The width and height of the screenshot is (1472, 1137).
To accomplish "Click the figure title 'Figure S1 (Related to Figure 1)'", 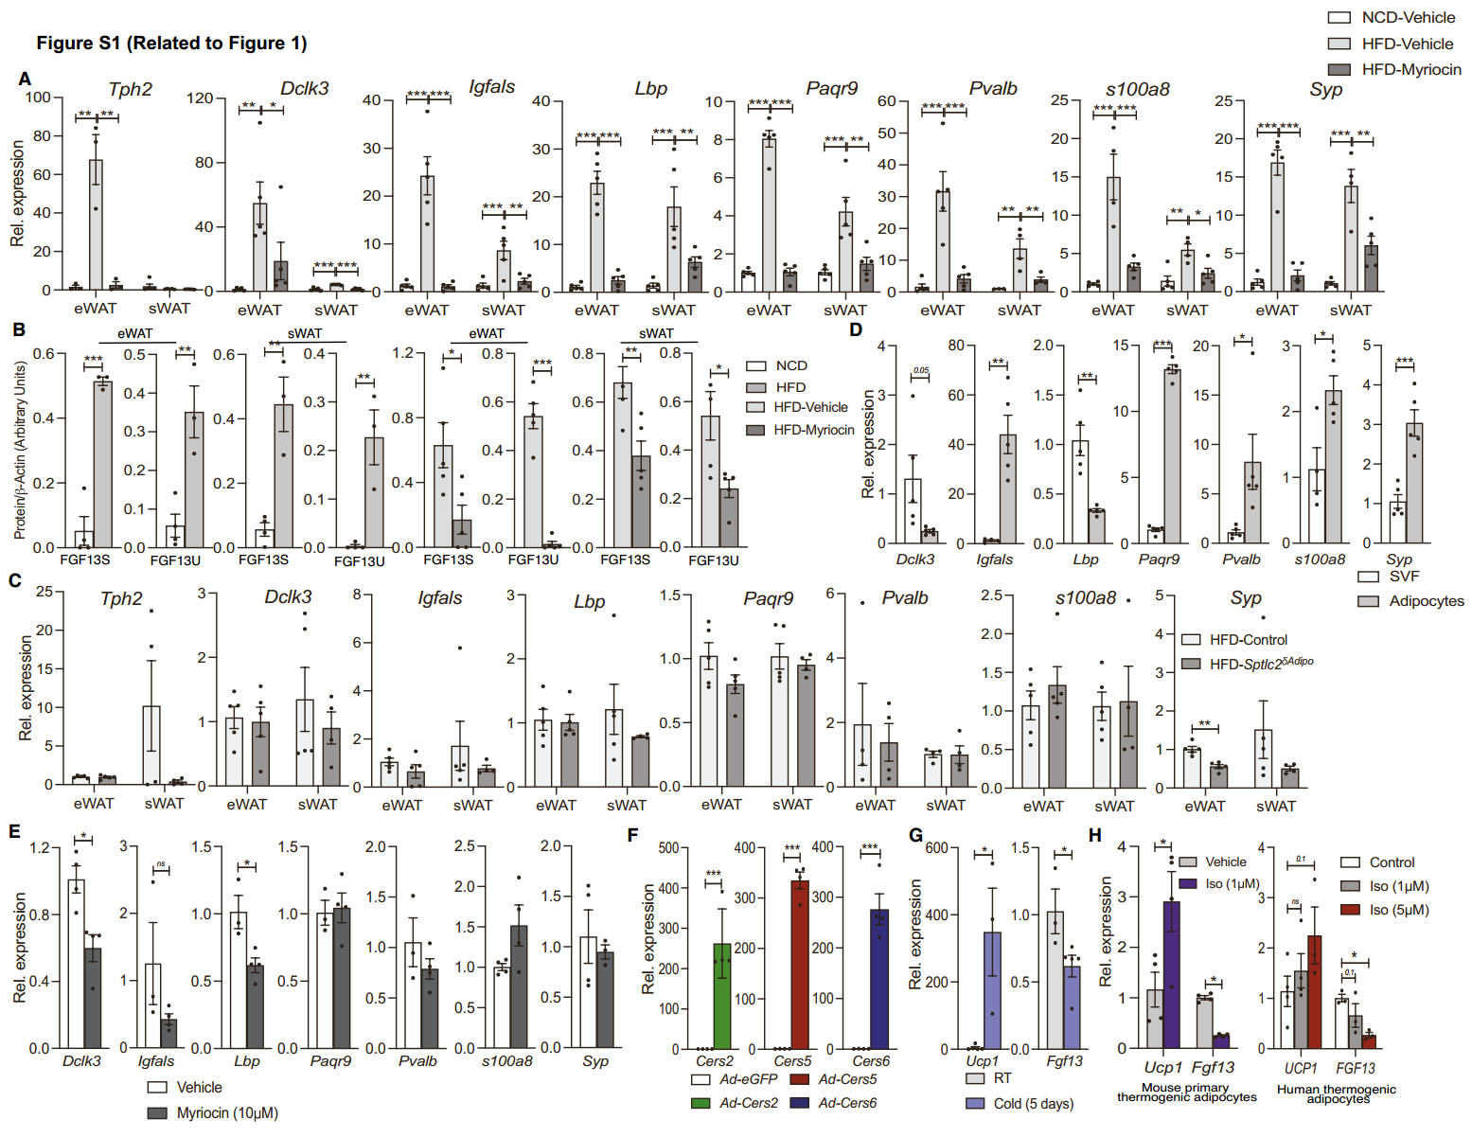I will tap(171, 44).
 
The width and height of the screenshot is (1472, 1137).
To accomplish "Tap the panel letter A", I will tap(25, 80).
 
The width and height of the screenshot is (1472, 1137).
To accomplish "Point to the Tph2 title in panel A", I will tap(130, 89).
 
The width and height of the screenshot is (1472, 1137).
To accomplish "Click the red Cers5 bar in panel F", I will tap(800, 965).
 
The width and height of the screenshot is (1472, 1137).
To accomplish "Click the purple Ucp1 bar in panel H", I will tap(1172, 975).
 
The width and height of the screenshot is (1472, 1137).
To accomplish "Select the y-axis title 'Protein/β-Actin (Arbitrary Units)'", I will tap(20, 450).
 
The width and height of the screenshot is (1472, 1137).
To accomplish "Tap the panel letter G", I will tap(915, 835).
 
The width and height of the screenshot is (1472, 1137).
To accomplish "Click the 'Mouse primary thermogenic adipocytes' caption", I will tap(1186, 1093).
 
